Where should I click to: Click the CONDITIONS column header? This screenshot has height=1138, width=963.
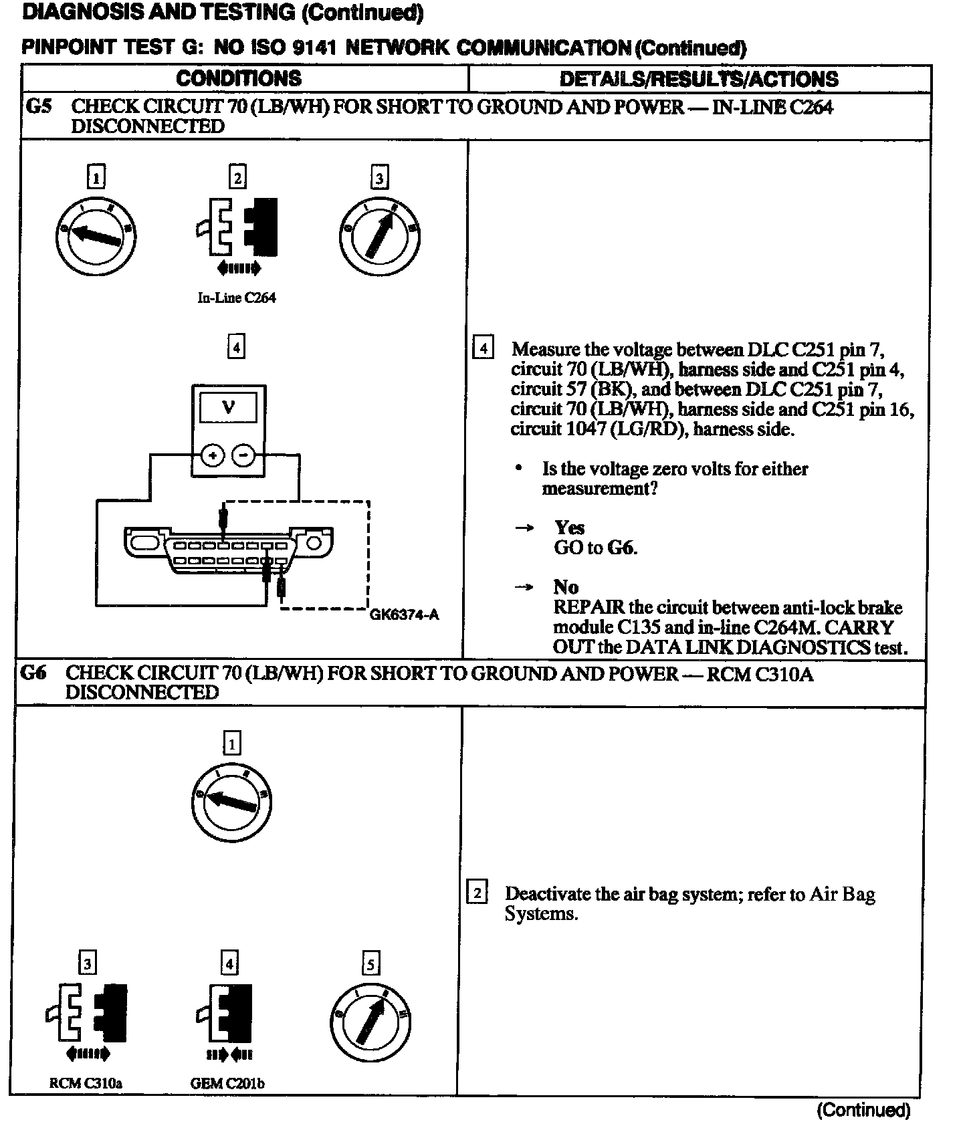pyautogui.click(x=239, y=78)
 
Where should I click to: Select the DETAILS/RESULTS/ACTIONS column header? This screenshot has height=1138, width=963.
pyautogui.click(x=699, y=79)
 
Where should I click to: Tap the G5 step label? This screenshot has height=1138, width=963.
pyautogui.click(x=39, y=107)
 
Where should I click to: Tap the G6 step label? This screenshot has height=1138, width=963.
pyautogui.click(x=33, y=673)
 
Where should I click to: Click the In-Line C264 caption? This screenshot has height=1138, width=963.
pyautogui.click(x=236, y=298)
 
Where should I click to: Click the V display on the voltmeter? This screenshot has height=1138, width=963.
pyautogui.click(x=228, y=407)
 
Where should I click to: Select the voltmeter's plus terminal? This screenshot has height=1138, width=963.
pyautogui.click(x=213, y=456)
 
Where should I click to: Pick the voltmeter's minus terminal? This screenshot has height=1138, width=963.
pyautogui.click(x=243, y=456)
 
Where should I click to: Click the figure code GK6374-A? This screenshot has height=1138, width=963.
pyautogui.click(x=405, y=615)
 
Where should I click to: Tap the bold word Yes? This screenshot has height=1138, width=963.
pyautogui.click(x=569, y=528)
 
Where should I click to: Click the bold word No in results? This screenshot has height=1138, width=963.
pyautogui.click(x=566, y=587)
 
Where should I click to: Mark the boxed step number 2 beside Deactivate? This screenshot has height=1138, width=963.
pyautogui.click(x=477, y=893)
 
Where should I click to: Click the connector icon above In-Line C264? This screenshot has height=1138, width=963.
pyautogui.click(x=237, y=227)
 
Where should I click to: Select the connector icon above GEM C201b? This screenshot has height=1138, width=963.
pyautogui.click(x=228, y=1013)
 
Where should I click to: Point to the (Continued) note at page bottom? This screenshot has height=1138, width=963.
pyautogui.click(x=863, y=1111)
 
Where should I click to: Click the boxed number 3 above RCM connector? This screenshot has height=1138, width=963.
pyautogui.click(x=87, y=963)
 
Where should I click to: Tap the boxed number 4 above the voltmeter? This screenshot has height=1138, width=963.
pyautogui.click(x=236, y=348)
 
